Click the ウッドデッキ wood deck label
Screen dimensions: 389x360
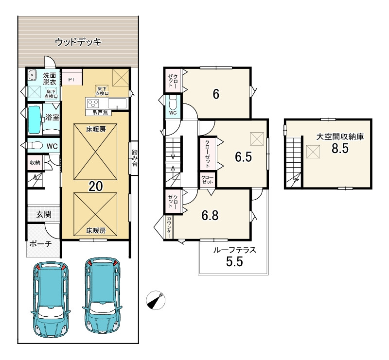click(78, 42)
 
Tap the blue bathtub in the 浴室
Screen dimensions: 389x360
click(35, 119)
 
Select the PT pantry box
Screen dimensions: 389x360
click(72, 79)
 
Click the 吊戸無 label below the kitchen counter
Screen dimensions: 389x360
click(100, 113)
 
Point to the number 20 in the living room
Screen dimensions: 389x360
click(96, 186)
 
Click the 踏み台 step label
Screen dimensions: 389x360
click(135, 158)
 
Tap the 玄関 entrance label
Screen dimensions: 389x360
click(44, 214)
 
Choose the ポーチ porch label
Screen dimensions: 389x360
click(40, 244)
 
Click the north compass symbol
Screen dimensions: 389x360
click(155, 300)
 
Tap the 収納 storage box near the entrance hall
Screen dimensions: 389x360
click(35, 162)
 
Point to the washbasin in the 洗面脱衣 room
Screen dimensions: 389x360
click(32, 75)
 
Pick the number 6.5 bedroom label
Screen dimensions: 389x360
click(244, 157)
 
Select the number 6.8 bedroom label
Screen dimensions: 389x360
click(210, 215)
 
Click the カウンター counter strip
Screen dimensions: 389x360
click(169, 227)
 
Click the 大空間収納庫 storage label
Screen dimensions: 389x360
click(340, 137)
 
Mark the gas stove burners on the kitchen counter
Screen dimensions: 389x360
click(93, 103)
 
